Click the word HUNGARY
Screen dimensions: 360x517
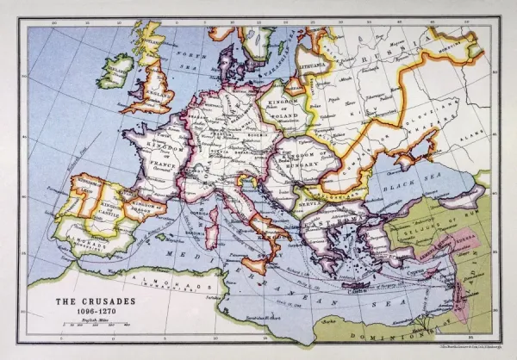(x=302, y=160)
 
